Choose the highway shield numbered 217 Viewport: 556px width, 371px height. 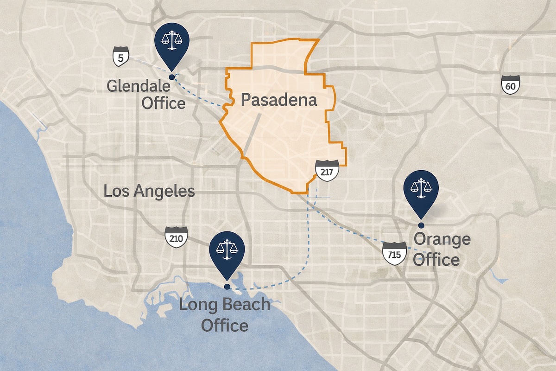(x=327, y=171)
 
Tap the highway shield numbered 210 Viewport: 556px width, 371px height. (x=176, y=238)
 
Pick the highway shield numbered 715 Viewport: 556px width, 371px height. (x=394, y=253)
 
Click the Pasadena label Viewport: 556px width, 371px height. (x=278, y=100)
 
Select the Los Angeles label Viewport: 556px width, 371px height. (x=149, y=191)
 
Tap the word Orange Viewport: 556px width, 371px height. (x=442, y=240)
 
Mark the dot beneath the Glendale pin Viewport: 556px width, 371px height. (x=172, y=77)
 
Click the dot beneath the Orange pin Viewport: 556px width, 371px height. (x=421, y=225)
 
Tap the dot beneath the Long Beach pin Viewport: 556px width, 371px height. (x=227, y=287)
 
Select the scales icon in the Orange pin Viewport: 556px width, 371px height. (x=421, y=187)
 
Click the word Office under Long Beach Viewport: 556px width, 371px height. (x=224, y=325)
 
